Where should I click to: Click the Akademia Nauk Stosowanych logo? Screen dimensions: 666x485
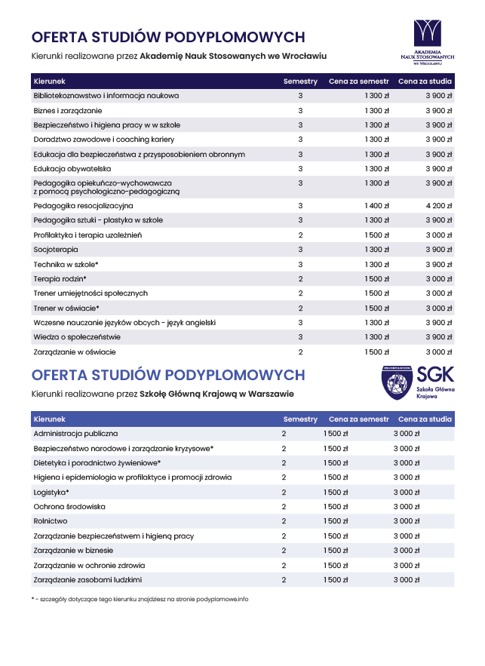(428, 41)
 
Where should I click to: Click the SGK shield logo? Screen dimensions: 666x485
(397, 382)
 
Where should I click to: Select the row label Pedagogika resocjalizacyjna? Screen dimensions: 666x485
(83, 205)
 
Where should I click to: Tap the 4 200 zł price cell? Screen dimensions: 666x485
(440, 205)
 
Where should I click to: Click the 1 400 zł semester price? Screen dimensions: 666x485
(376, 205)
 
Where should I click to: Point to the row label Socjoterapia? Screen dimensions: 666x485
(56, 250)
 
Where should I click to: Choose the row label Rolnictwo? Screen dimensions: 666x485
(51, 521)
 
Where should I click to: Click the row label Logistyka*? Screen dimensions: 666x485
(51, 492)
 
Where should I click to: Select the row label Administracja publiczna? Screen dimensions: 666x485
(75, 434)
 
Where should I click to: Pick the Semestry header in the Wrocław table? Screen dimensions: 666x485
(300, 81)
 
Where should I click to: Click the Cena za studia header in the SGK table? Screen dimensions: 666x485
(425, 419)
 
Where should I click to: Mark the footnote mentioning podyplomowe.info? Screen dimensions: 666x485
(140, 599)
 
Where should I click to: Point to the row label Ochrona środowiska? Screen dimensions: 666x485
(69, 507)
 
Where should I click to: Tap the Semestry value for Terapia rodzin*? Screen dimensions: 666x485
(300, 279)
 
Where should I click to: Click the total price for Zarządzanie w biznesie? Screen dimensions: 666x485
(406, 551)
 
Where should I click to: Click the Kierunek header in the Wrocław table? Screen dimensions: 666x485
(50, 81)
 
